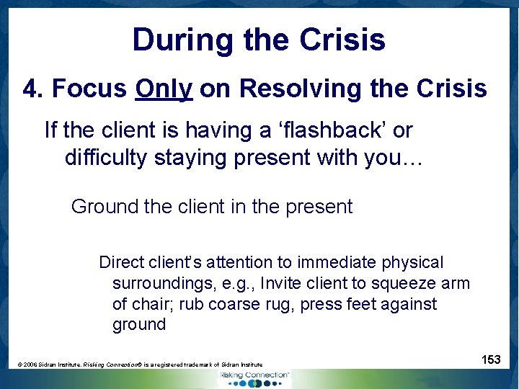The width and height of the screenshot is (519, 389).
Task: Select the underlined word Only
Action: (164, 89)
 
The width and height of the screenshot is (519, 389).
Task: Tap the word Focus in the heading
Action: (89, 89)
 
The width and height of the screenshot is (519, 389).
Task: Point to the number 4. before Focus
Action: (33, 89)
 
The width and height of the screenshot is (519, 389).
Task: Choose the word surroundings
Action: (160, 283)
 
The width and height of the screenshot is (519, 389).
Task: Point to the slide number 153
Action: (491, 359)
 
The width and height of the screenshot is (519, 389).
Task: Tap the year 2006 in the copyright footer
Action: (30, 365)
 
